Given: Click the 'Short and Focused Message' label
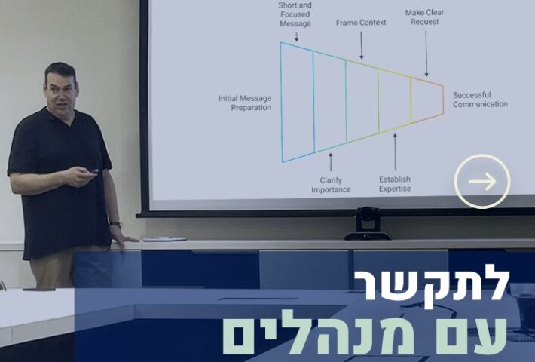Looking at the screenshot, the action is click(x=295, y=14).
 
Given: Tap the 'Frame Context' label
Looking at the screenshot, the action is click(x=361, y=23).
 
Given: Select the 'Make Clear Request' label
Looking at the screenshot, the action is click(x=424, y=17).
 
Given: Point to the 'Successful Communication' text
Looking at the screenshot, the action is click(x=480, y=100).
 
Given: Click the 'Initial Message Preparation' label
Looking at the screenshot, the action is click(x=245, y=103).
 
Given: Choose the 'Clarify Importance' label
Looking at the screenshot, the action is click(x=331, y=185).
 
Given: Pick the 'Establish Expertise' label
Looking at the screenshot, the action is click(x=395, y=184).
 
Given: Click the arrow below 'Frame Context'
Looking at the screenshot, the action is click(x=362, y=45).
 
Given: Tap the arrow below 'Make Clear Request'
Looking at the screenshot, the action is click(x=426, y=54).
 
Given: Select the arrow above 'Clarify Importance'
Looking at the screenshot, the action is click(x=330, y=162).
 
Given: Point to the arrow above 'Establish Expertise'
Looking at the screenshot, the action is click(x=395, y=152).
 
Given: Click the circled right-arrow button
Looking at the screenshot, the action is click(x=482, y=181).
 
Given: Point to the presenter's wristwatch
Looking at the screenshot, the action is click(x=116, y=225).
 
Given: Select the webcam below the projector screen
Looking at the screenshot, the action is click(x=367, y=224).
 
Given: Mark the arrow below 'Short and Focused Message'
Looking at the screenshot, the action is click(x=296, y=37).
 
